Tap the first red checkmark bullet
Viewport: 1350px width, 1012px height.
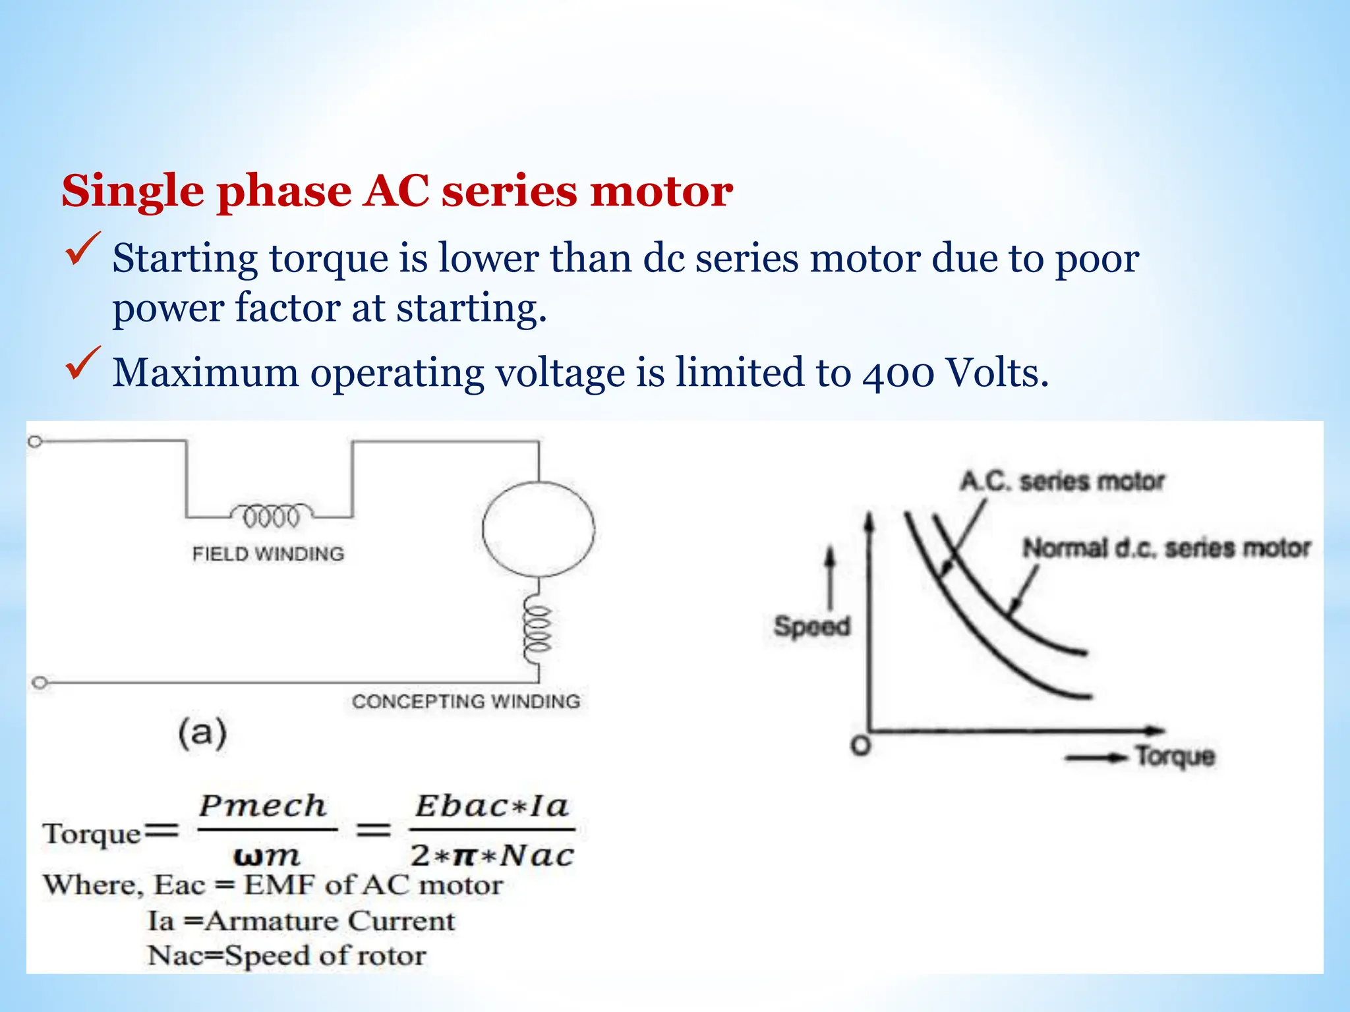pos(82,249)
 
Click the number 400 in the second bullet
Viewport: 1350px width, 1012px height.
pos(897,373)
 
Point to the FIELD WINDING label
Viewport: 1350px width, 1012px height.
pos(268,553)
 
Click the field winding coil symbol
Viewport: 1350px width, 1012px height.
pos(272,516)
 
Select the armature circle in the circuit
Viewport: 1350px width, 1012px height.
pos(538,529)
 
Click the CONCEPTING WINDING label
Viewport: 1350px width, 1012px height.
pos(466,701)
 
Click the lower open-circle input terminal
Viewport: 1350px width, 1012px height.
pos(40,683)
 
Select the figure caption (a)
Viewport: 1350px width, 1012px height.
pos(202,733)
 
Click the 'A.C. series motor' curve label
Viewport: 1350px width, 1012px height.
pos(1062,481)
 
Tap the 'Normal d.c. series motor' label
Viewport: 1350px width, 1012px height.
pos(1165,548)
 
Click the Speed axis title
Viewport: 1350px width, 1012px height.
pos(811,626)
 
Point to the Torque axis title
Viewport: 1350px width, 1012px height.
pos(1175,756)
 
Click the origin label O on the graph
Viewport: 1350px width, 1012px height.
pos(860,746)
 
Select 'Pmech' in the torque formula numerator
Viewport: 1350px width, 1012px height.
pos(263,806)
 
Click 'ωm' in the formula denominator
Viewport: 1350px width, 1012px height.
pos(266,856)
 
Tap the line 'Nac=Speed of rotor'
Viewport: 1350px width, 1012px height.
pos(287,955)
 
